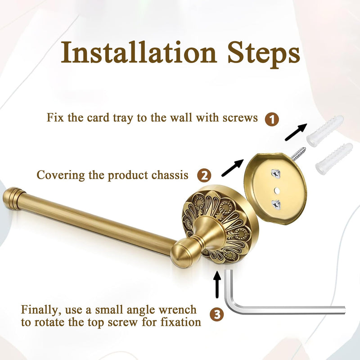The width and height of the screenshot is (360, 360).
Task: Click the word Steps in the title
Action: tap(264, 54)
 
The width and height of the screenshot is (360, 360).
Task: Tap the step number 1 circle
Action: tap(272, 119)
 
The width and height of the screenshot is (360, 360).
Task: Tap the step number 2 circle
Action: tap(204, 175)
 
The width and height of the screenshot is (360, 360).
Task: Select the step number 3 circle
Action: tap(217, 314)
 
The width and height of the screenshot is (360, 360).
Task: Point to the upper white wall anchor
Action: tap(325, 131)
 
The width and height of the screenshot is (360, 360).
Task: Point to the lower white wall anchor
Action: tap(334, 159)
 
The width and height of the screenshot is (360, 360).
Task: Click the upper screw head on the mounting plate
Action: tap(276, 174)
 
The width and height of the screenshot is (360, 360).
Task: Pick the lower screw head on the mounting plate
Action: tap(276, 205)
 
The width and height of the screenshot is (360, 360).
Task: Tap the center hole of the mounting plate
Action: tap(277, 190)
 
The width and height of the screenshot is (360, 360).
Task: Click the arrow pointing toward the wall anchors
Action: tap(296, 132)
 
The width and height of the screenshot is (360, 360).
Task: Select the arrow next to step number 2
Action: tap(232, 168)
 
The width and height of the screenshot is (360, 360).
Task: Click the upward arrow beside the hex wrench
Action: tap(217, 284)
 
